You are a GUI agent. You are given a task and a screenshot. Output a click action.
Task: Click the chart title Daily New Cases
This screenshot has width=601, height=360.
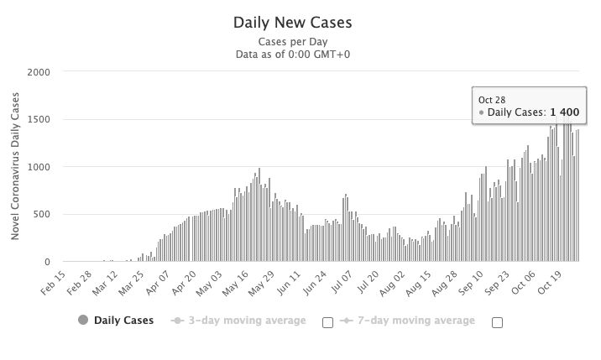tap(293, 23)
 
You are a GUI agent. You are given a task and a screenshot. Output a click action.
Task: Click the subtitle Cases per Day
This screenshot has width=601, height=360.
tap(293, 42)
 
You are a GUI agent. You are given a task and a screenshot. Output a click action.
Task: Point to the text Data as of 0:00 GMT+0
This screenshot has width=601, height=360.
tap(293, 55)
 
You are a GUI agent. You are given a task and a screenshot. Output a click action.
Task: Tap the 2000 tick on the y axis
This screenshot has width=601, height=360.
tap(39, 71)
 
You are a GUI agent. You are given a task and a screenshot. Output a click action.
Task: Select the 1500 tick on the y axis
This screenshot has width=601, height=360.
tap(39, 119)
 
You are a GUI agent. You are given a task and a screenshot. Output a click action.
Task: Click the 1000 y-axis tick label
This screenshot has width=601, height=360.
tap(39, 167)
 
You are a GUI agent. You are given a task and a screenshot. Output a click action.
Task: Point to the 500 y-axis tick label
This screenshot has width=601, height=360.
tap(43, 214)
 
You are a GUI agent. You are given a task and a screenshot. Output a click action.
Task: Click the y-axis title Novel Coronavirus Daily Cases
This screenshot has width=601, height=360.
tap(15, 167)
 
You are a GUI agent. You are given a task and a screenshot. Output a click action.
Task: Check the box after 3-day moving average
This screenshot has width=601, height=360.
tap(327, 321)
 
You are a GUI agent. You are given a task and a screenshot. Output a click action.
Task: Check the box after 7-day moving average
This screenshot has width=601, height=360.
tap(497, 321)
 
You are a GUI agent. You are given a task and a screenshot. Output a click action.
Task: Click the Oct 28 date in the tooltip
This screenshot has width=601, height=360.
tap(492, 100)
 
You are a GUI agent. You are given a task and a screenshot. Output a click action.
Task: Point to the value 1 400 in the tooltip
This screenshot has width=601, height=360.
tap(564, 112)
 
